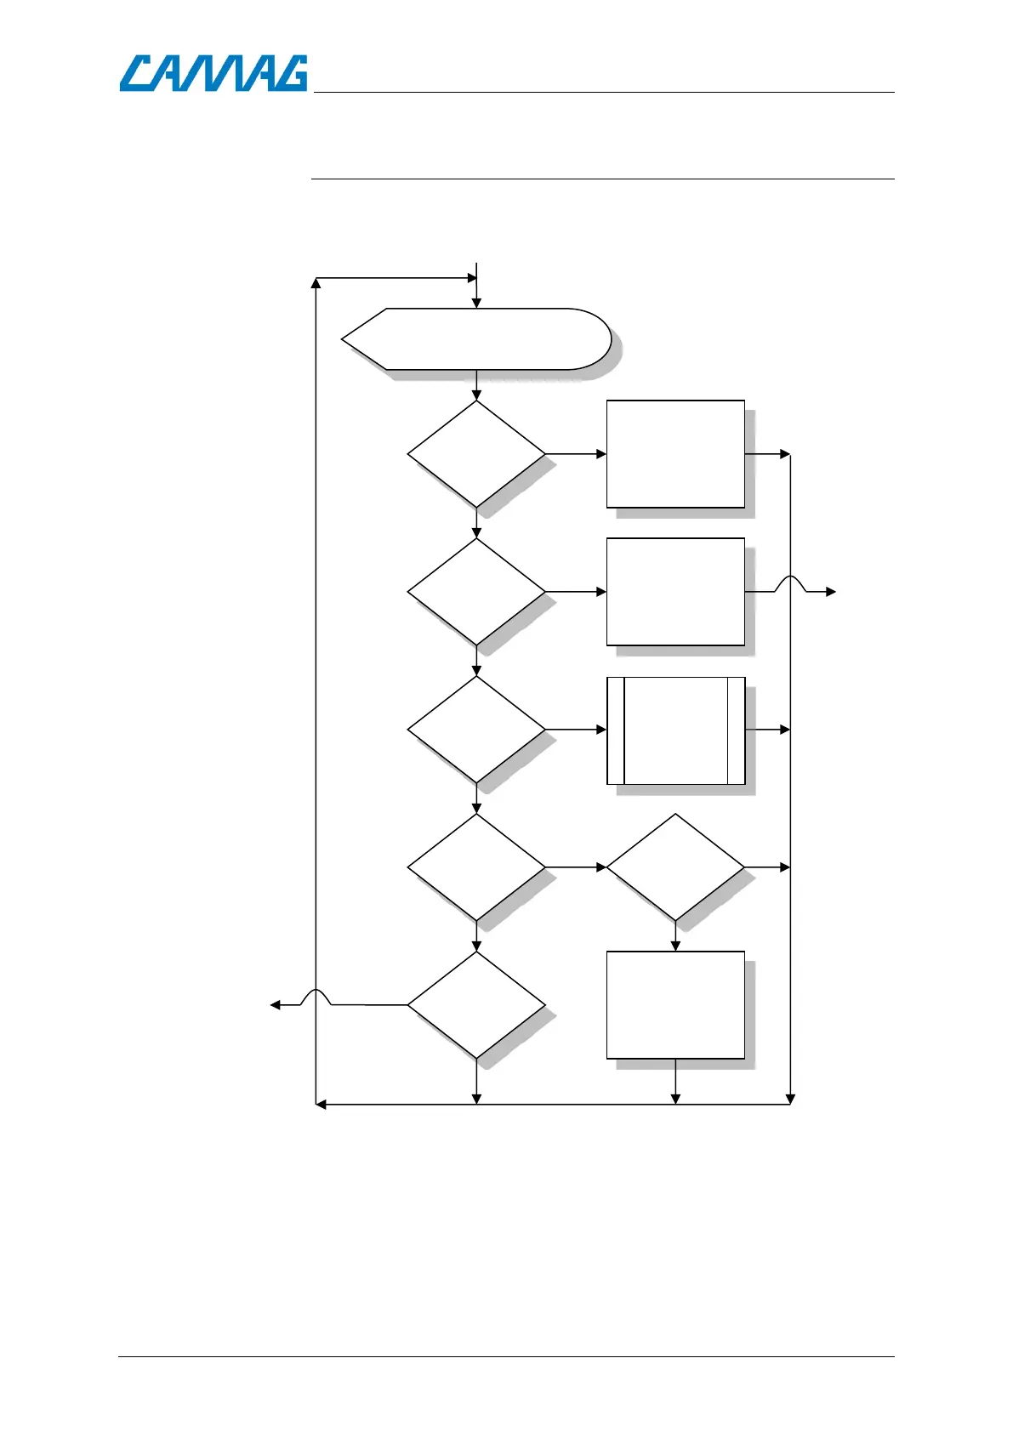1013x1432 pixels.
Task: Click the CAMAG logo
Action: (x=213, y=73)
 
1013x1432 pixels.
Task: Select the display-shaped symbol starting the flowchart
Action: (x=476, y=339)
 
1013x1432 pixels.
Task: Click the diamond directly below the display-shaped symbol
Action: (x=476, y=454)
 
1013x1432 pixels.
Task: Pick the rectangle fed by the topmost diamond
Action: (x=675, y=454)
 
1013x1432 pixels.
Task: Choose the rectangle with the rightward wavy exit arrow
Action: (x=675, y=592)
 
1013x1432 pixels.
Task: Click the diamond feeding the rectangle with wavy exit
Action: (x=476, y=592)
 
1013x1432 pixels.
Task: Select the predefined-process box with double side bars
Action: (x=675, y=730)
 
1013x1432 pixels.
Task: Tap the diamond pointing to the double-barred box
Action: (x=476, y=730)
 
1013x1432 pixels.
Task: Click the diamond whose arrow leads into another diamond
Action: (x=476, y=867)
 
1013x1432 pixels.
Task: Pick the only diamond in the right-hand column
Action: (x=675, y=867)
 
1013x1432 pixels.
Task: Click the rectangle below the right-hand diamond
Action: (x=675, y=1005)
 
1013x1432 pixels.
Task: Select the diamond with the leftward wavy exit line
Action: (x=476, y=1005)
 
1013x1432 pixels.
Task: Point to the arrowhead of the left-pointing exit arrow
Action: (x=275, y=1005)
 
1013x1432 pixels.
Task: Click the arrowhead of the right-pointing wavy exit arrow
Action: (x=832, y=592)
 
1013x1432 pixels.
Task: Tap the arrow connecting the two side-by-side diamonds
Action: (x=576, y=867)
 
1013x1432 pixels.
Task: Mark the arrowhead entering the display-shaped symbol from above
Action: (x=476, y=303)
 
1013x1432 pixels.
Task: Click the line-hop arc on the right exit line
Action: (x=791, y=582)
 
